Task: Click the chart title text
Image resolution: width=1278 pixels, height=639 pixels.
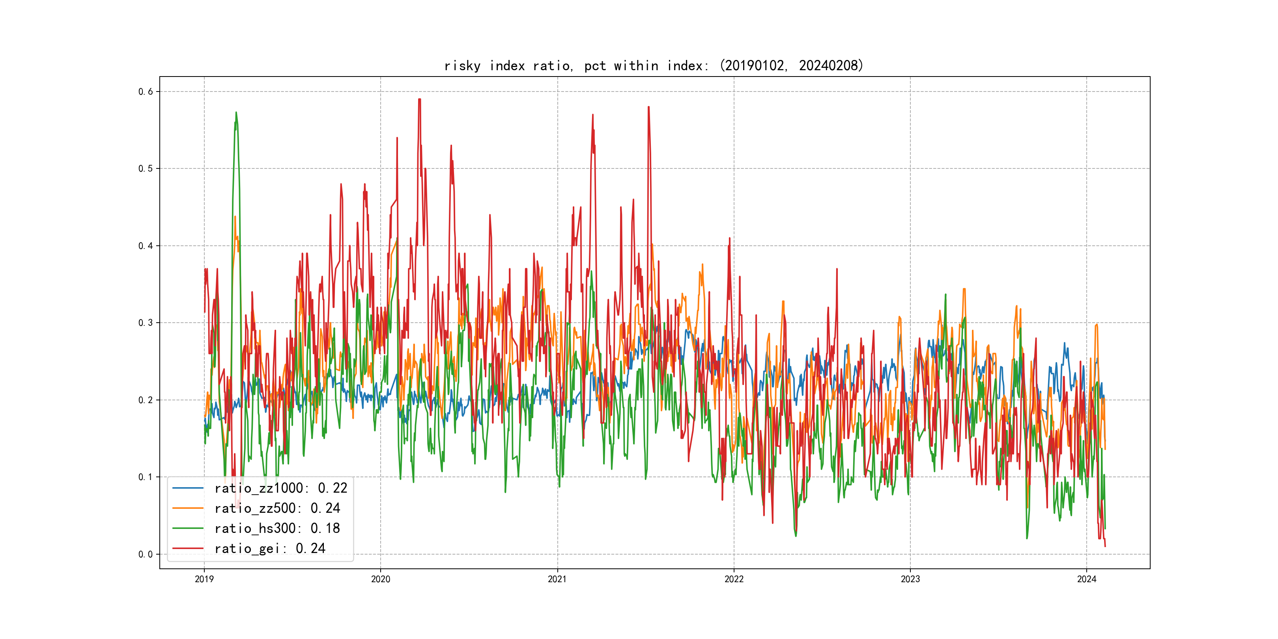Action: pyautogui.click(x=653, y=65)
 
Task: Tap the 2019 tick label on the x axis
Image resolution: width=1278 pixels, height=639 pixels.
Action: pyautogui.click(x=204, y=579)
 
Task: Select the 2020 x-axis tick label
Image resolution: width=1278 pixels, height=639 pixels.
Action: pyautogui.click(x=381, y=579)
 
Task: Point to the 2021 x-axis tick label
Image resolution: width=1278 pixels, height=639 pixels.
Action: pyautogui.click(x=557, y=579)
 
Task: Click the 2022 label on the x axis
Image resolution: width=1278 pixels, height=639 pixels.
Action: pyautogui.click(x=734, y=579)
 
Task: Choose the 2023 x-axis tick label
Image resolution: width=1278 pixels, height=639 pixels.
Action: pyautogui.click(x=910, y=579)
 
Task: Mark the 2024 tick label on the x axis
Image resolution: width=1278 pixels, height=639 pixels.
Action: pyautogui.click(x=1087, y=579)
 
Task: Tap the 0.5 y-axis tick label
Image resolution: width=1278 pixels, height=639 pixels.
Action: pyautogui.click(x=146, y=169)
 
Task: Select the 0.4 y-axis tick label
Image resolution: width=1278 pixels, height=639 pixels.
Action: pyautogui.click(x=146, y=246)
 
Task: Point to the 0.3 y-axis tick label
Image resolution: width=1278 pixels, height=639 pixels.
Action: pyautogui.click(x=146, y=323)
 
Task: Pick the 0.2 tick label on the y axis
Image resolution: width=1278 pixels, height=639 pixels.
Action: pyautogui.click(x=146, y=400)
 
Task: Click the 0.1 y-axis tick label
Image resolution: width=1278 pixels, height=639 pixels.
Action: pyautogui.click(x=146, y=477)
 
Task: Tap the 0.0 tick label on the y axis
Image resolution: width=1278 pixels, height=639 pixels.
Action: pyautogui.click(x=146, y=554)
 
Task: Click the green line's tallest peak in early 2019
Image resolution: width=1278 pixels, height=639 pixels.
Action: pyautogui.click(x=236, y=113)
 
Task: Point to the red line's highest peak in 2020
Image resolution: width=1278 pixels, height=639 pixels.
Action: pyautogui.click(x=419, y=99)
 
